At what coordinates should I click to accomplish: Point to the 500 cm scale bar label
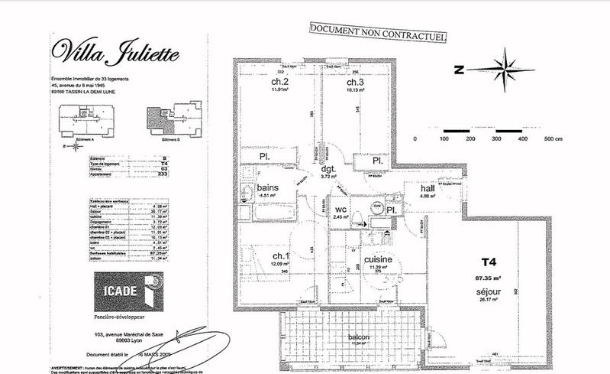tap(552, 139)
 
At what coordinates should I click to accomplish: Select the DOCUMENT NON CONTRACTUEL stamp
tap(377, 31)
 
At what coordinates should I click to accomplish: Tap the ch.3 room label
tap(354, 82)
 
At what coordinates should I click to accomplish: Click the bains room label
tap(267, 187)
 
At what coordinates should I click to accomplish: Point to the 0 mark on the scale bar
tap(413, 139)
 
